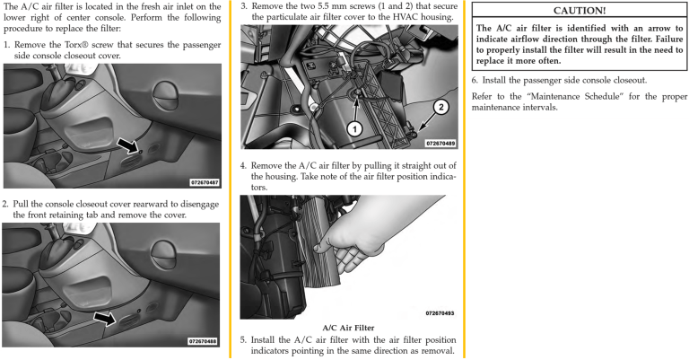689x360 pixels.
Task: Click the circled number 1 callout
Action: click(355, 128)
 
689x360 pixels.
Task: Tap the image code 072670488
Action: click(205, 341)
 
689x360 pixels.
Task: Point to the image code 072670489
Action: click(440, 143)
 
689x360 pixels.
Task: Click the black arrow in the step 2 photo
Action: click(107, 317)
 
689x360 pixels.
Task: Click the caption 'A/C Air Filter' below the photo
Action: click(349, 328)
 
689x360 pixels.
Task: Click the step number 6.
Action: click(475, 80)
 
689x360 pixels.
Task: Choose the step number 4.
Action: click(243, 166)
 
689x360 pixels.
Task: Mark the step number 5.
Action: click(243, 340)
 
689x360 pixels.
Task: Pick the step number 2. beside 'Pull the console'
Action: click(5, 204)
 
